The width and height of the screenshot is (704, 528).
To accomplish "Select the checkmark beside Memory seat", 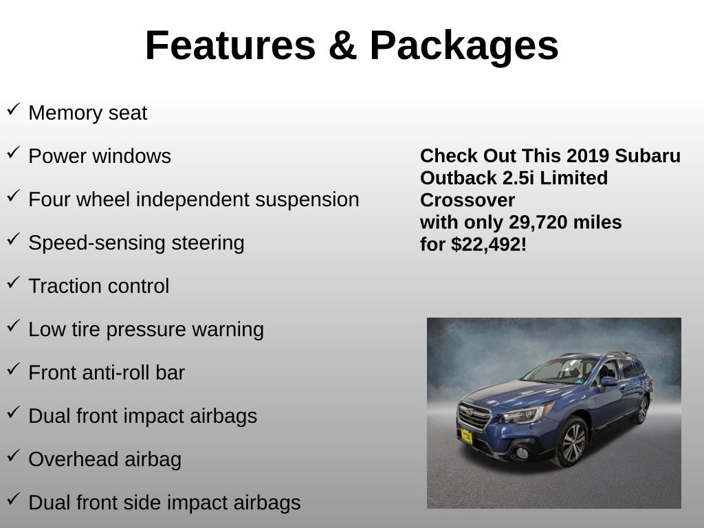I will click(x=13, y=109).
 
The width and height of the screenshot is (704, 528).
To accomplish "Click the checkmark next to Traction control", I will click(x=13, y=283).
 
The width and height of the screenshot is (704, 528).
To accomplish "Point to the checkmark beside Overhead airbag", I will click(x=13, y=456).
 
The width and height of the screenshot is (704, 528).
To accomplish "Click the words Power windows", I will click(x=100, y=156).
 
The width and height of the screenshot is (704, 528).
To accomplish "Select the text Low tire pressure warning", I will click(x=146, y=329).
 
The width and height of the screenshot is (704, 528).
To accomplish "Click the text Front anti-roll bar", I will click(x=107, y=373).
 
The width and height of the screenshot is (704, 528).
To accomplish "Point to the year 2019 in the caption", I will click(x=588, y=155).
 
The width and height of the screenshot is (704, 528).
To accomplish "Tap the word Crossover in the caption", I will click(x=467, y=200).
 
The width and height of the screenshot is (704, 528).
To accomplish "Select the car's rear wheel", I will click(x=642, y=410).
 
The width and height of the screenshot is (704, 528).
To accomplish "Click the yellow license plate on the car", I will click(x=466, y=435).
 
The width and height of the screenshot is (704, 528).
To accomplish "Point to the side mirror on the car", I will click(x=608, y=382).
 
